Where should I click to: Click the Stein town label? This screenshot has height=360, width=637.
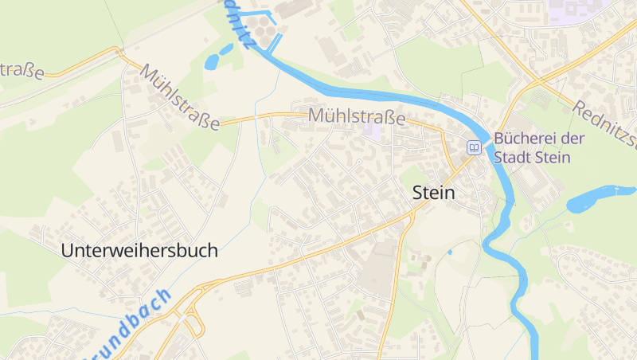(434, 193)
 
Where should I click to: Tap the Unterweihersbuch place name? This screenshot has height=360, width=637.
(139, 250)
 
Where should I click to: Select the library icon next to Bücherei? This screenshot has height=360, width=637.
(474, 147)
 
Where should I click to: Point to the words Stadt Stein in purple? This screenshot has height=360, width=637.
(532, 157)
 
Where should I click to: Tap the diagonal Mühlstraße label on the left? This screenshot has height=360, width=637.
(180, 98)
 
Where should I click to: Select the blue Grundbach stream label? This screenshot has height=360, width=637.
(131, 327)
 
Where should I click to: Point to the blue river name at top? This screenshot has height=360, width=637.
(238, 24)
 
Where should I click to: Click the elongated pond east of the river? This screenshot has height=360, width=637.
(597, 198)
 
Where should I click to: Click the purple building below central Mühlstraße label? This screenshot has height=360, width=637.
(371, 130)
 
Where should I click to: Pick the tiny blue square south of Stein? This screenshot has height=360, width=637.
(449, 252)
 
